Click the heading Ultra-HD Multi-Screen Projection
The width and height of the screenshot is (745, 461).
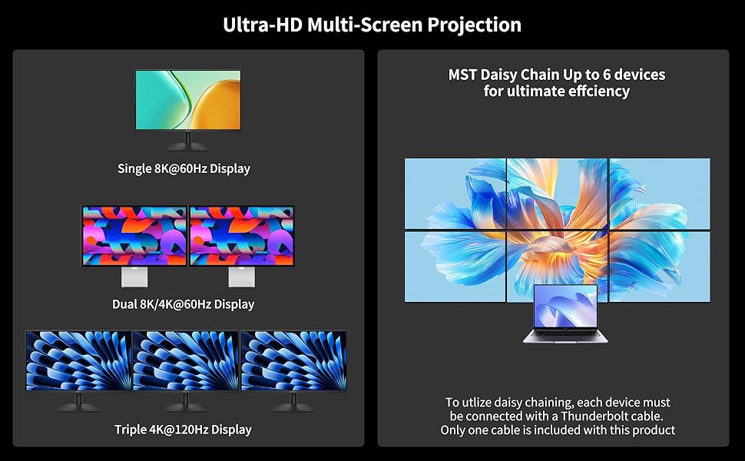[372, 25]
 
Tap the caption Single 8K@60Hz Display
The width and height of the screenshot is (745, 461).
[184, 168]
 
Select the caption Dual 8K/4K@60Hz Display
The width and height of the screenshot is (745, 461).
[183, 304]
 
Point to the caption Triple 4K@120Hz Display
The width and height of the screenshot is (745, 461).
[183, 429]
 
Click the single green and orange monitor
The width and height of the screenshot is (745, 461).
[188, 100]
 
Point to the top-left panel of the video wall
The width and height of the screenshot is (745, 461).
[455, 194]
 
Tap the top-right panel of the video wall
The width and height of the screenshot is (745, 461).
[660, 194]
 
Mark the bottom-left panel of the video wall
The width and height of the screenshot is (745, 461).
[455, 266]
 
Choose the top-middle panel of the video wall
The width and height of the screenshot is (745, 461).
[558, 194]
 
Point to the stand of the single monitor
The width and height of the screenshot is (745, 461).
[188, 142]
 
